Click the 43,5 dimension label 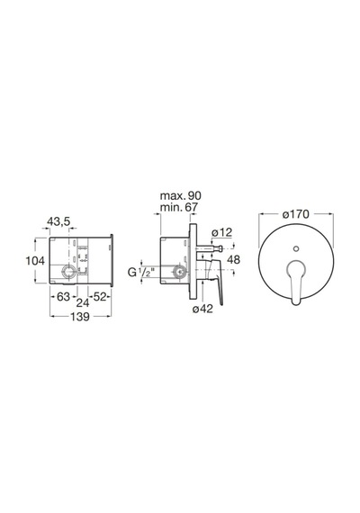58,221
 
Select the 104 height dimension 35,261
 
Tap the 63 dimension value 64,296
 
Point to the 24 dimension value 83,303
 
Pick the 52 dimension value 100,296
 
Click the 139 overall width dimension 80,317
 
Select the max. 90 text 180,195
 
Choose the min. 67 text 179,207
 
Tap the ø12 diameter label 221,232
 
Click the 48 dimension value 233,260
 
